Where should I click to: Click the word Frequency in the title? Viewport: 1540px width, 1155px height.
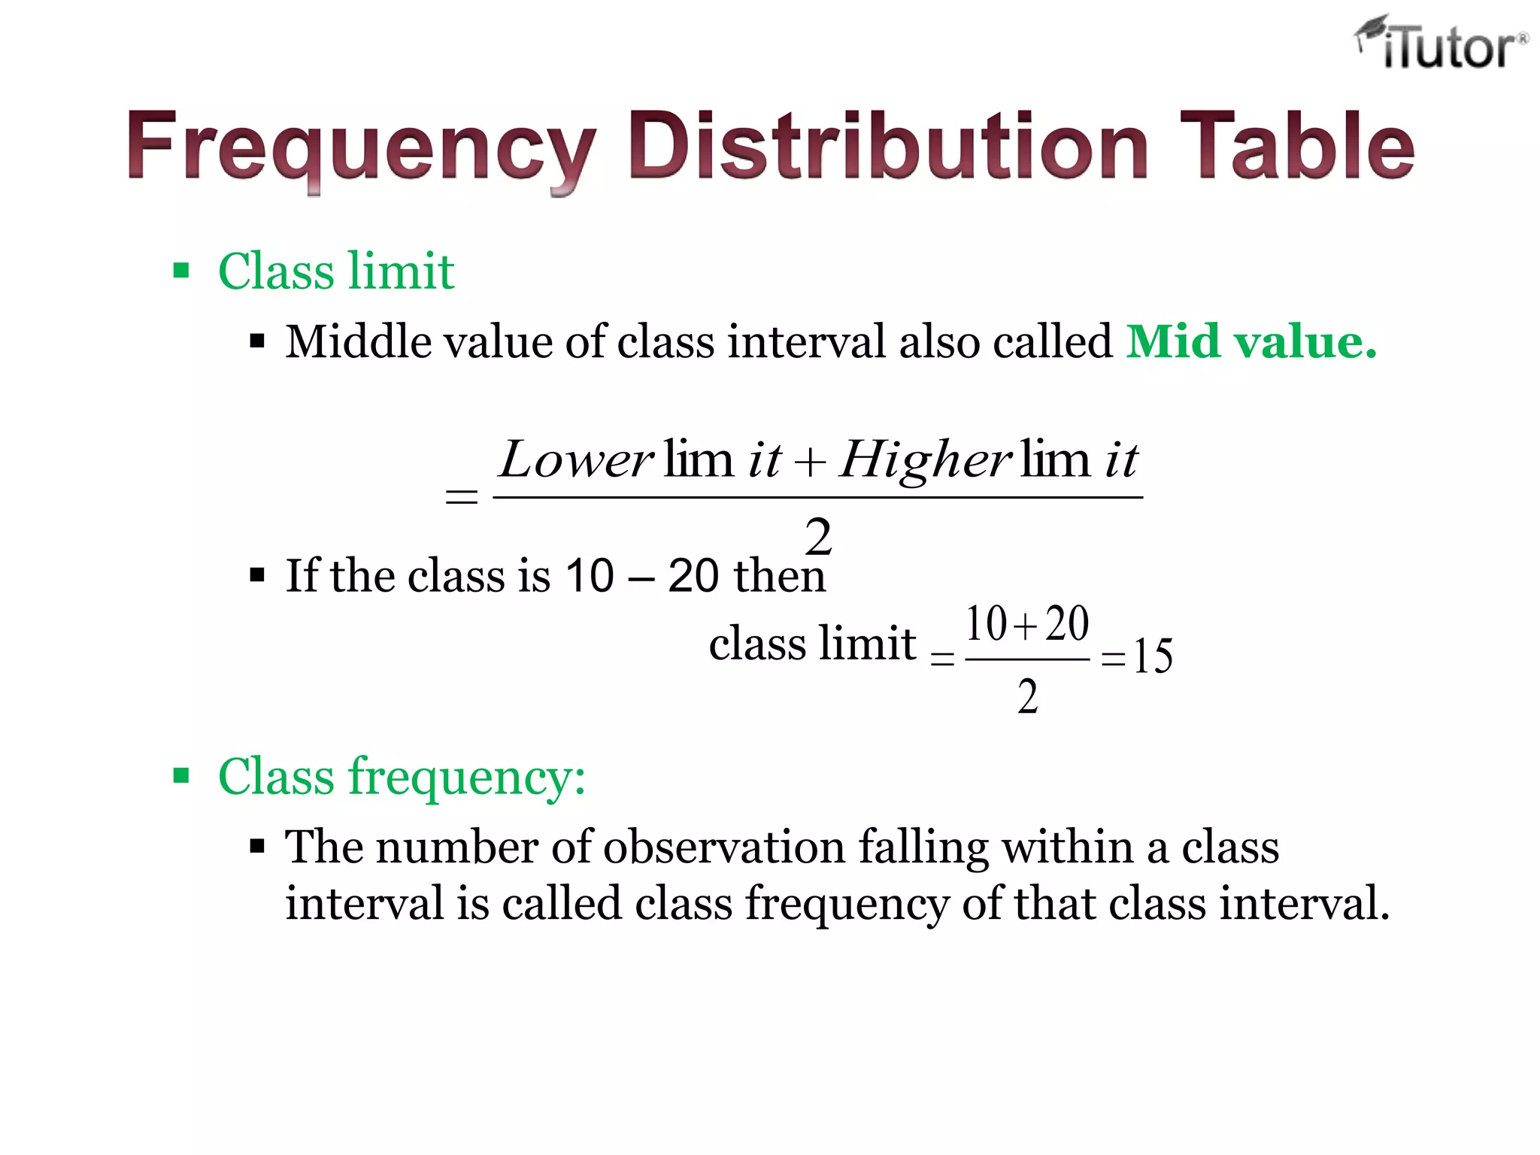[x=361, y=147]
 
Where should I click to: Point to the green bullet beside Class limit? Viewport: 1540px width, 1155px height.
[x=181, y=271]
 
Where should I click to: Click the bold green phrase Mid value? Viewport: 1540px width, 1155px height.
[x=1251, y=342]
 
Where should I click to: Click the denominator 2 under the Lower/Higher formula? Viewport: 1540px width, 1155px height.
[x=818, y=537]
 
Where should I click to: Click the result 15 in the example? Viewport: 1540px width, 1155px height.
[x=1153, y=656]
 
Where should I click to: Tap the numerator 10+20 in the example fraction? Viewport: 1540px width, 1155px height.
[x=1027, y=624]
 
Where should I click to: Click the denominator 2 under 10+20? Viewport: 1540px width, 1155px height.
[x=1028, y=696]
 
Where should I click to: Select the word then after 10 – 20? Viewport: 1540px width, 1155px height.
[x=780, y=576]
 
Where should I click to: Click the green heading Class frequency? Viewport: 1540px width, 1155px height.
[x=402, y=776]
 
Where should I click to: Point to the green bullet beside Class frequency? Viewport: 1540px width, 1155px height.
[x=181, y=775]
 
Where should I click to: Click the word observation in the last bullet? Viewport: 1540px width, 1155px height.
[x=724, y=847]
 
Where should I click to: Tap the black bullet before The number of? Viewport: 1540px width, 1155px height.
[x=258, y=847]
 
